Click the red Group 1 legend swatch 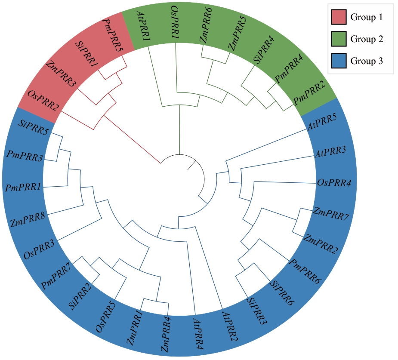(x=339, y=17)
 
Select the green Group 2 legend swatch (x=339, y=39)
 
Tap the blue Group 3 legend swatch (x=339, y=61)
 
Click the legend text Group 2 (x=367, y=39)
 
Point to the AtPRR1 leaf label (x=144, y=26)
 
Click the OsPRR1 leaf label (x=175, y=22)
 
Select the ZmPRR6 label (x=206, y=25)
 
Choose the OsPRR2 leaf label (x=43, y=101)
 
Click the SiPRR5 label (x=34, y=128)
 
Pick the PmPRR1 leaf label (x=23, y=188)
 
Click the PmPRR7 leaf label (x=57, y=276)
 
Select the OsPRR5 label (x=105, y=316)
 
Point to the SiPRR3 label (x=257, y=311)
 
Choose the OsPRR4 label (x=334, y=183)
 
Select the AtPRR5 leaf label (x=322, y=122)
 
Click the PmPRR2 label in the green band (x=309, y=93)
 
